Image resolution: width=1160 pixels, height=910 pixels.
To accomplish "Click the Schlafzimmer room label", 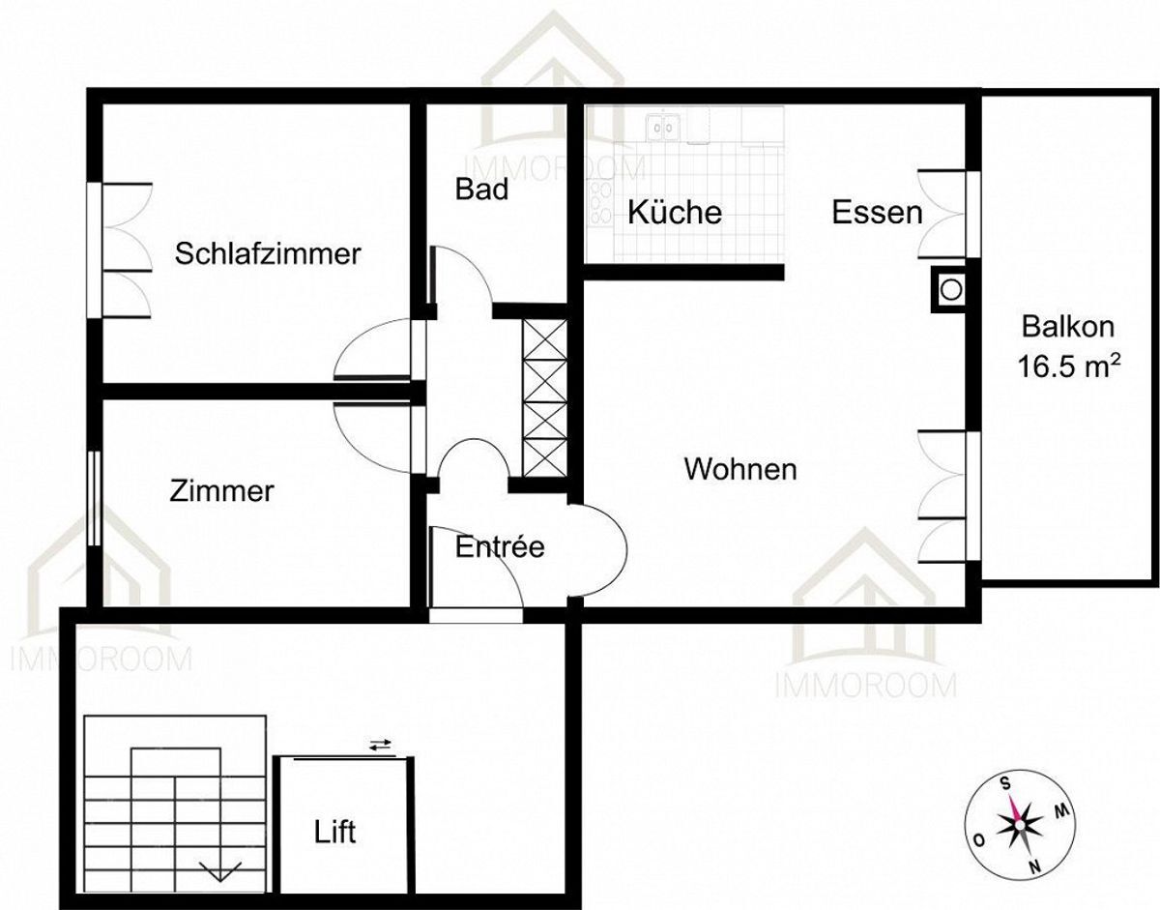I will click(268, 254).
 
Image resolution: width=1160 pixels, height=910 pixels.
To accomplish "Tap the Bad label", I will click(482, 190).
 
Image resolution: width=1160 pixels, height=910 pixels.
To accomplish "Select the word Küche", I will click(675, 212).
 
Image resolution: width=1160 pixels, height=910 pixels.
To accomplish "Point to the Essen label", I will click(878, 212).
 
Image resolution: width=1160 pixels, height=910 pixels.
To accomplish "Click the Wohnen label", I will click(740, 470).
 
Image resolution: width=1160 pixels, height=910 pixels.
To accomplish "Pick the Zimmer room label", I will click(221, 491).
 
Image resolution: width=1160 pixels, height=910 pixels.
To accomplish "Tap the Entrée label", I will click(500, 547).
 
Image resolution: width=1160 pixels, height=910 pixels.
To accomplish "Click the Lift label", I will click(335, 831).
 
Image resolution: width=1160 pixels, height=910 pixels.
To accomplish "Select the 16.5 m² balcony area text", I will click(1069, 367).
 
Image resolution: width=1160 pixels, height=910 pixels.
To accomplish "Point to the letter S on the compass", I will click(1005, 782).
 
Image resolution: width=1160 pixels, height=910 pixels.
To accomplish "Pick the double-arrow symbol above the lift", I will click(381, 745).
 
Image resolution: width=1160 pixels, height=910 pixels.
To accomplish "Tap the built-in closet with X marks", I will click(543, 397).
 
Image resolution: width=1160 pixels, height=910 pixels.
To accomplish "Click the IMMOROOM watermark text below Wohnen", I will click(866, 686).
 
